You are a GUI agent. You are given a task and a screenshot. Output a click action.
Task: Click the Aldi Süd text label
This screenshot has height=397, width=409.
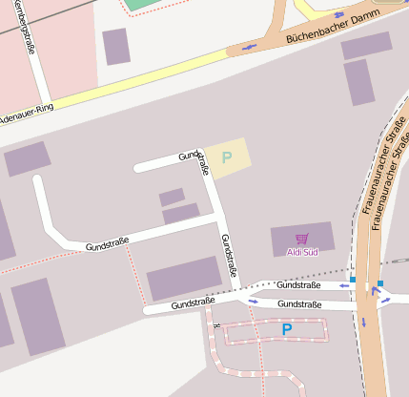pyautogui.click(x=302, y=252)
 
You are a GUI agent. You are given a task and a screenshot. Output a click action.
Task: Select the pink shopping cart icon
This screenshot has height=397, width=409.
pyautogui.click(x=302, y=239)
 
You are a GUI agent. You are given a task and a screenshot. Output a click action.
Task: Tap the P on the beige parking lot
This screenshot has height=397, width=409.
pyautogui.click(x=227, y=157)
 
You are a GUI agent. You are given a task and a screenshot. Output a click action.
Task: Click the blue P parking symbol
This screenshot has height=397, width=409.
pyautogui.click(x=286, y=330)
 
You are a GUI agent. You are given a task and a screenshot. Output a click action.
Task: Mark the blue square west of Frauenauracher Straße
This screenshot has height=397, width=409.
pyautogui.click(x=352, y=280)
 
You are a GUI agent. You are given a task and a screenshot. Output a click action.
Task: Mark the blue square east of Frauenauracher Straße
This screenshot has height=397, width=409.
pyautogui.click(x=379, y=283)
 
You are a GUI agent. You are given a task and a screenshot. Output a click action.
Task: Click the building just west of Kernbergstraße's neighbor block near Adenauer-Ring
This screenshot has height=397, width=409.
pyautogui.click(x=116, y=46)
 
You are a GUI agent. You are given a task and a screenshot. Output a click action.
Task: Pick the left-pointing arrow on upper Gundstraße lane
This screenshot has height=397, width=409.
pyautogui.click(x=340, y=285)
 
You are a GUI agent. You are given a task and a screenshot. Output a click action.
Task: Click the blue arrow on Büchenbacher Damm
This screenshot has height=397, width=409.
pyautogui.click(x=251, y=46)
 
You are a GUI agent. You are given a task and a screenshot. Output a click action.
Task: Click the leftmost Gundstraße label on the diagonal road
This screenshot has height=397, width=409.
pyautogui.click(x=107, y=244)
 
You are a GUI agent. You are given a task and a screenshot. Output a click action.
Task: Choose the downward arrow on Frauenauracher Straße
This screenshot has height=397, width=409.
pyautogui.click(x=363, y=322)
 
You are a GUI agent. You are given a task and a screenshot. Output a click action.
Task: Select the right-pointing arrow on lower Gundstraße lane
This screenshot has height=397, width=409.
pyautogui.click(x=254, y=302)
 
